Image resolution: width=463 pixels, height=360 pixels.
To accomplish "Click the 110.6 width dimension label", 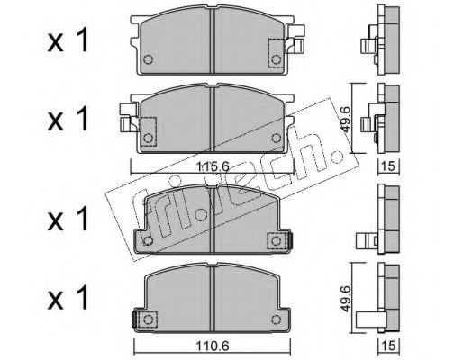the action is pyautogui.click(x=213, y=346).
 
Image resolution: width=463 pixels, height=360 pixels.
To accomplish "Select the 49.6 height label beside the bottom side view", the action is pyautogui.click(x=344, y=298).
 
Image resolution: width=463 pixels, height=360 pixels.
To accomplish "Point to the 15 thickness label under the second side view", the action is pyautogui.click(x=388, y=166).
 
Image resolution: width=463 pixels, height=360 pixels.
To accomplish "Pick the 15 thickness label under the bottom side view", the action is pyautogui.click(x=388, y=346).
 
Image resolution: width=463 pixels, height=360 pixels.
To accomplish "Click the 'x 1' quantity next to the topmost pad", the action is pyautogui.click(x=68, y=40).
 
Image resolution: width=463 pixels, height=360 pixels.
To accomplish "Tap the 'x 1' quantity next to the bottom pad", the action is pyautogui.click(x=68, y=298).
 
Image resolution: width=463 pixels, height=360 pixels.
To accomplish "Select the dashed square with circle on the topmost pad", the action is pyautogui.click(x=276, y=53).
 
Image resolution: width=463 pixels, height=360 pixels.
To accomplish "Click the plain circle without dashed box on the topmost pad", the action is pyautogui.click(x=148, y=59).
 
